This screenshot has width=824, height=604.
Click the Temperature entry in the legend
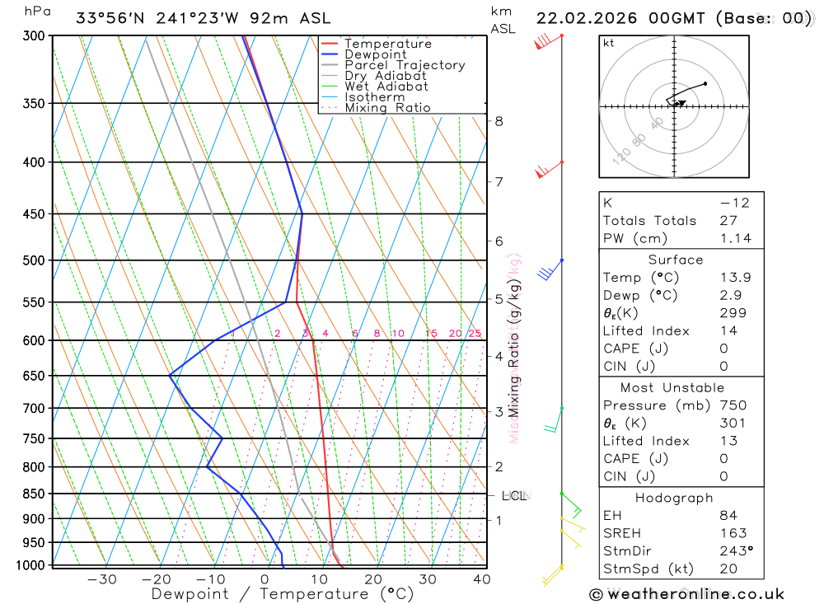pyautogui.click(x=387, y=44)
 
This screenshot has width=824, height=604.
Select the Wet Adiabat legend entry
pyautogui.click(x=386, y=87)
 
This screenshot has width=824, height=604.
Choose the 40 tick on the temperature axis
pyautogui.click(x=482, y=579)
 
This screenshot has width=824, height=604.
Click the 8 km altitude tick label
pyautogui.click(x=499, y=121)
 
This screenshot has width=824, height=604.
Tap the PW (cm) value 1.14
pyautogui.click(x=735, y=238)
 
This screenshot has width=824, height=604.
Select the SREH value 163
pyautogui.click(x=733, y=533)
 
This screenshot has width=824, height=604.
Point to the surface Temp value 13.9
pyautogui.click(x=735, y=278)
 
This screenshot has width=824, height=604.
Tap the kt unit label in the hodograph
pyautogui.click(x=609, y=43)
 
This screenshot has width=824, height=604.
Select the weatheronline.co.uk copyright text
pyautogui.click(x=686, y=594)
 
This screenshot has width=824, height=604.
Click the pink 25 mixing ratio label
pyautogui.click(x=475, y=334)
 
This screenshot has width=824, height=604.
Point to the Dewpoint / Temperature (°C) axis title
pyautogui.click(x=283, y=594)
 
